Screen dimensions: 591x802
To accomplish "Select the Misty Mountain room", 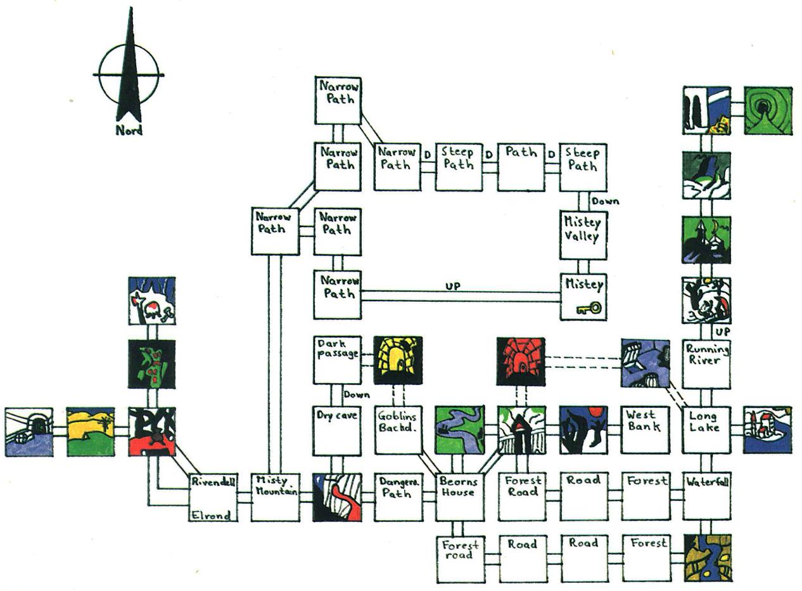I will (275, 497).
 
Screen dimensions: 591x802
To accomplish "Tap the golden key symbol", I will (589, 309).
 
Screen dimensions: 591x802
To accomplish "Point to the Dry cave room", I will (337, 431).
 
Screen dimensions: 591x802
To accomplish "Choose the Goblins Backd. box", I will (398, 431).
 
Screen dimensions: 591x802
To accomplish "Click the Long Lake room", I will (706, 430).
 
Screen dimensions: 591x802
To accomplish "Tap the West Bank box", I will (644, 430).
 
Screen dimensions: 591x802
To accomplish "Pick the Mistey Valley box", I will (583, 235).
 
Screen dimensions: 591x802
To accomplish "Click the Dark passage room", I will (337, 360).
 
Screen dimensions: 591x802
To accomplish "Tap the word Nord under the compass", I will (129, 131).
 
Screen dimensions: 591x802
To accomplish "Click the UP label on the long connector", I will (452, 287).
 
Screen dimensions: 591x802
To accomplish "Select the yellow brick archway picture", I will (398, 360).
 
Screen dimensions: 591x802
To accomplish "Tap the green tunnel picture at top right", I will (767, 110).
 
